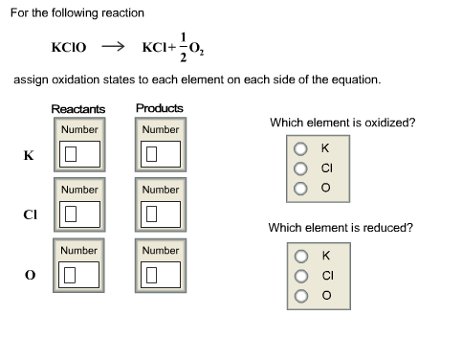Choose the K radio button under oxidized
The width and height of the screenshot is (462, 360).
[x=300, y=148]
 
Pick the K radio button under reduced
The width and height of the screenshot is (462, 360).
[x=300, y=256]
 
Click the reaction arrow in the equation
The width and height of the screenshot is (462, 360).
[x=113, y=45]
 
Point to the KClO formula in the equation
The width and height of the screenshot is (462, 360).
[x=69, y=46]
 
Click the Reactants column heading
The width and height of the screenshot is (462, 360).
[x=78, y=109]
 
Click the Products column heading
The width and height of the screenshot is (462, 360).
[x=160, y=108]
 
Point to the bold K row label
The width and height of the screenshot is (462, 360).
[x=29, y=154]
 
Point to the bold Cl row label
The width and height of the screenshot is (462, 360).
[x=30, y=214]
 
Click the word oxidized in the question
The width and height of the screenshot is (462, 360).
[x=389, y=123]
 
